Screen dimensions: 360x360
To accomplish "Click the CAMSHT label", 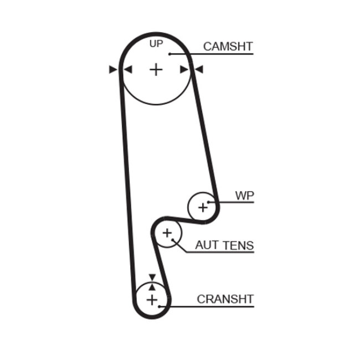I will (228, 46).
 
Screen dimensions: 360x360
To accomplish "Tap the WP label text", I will (244, 196).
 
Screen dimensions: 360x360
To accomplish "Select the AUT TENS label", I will (224, 245).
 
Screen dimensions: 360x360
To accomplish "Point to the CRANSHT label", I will (225, 299).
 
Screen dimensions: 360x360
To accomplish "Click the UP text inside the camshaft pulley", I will (156, 44).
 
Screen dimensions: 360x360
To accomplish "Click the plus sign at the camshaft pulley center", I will (157, 70).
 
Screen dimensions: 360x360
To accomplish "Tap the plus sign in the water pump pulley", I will (202, 208).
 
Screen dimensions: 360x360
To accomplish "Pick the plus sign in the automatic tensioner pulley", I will (167, 233).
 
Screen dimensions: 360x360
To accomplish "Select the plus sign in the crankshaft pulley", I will (152, 300).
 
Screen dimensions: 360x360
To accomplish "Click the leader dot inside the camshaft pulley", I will (170, 54).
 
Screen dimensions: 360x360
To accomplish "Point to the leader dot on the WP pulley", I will (209, 202).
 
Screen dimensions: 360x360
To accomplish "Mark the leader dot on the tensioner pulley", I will (173, 240).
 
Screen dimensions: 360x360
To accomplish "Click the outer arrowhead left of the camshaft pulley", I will (114, 70).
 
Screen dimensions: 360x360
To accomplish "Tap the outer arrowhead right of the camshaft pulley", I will (199, 70).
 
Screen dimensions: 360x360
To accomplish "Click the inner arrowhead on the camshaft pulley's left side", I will (127, 70).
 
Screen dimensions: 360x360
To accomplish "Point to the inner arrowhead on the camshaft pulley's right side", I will (185, 70).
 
